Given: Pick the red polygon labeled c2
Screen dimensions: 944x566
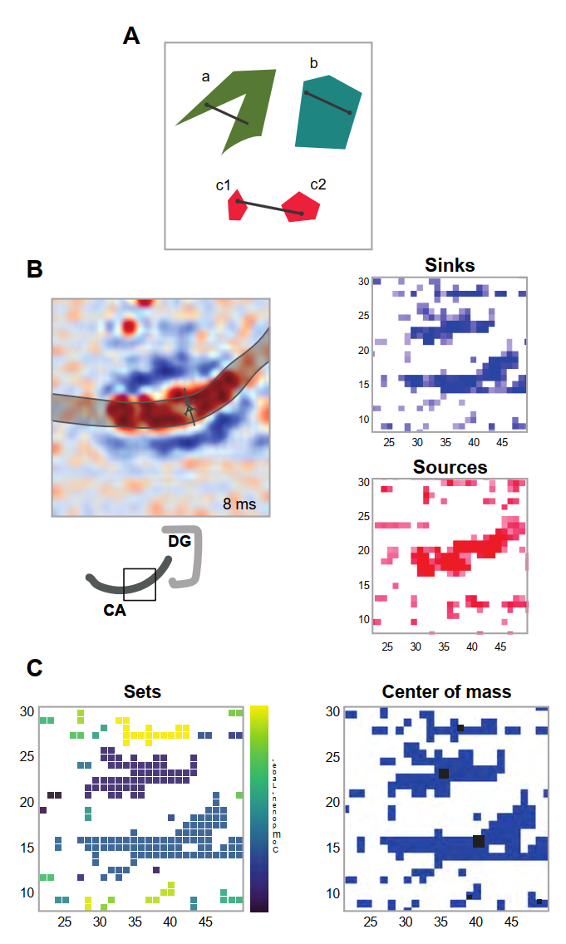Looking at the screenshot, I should pos(301,208).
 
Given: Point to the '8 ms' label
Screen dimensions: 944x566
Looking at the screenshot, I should pos(239,503).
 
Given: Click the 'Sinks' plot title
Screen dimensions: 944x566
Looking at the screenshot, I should pos(450,266).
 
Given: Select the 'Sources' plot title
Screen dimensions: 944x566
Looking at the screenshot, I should pos(450,467).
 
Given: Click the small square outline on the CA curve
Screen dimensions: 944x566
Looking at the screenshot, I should pos(140,584).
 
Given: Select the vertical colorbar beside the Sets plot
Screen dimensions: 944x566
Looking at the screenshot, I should pos(258,808).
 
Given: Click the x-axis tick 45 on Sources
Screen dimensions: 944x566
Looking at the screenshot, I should pos(500,646).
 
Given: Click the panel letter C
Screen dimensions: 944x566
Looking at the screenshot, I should pos(36,667).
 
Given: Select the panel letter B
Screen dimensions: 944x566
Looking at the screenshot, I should pos(36,269).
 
